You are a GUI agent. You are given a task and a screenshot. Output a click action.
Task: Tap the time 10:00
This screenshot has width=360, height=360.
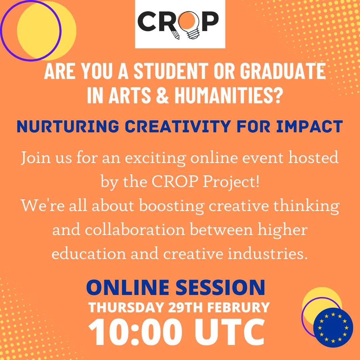(135, 332)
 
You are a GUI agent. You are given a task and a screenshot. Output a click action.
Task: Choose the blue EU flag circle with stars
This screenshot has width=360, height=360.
(333, 327)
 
